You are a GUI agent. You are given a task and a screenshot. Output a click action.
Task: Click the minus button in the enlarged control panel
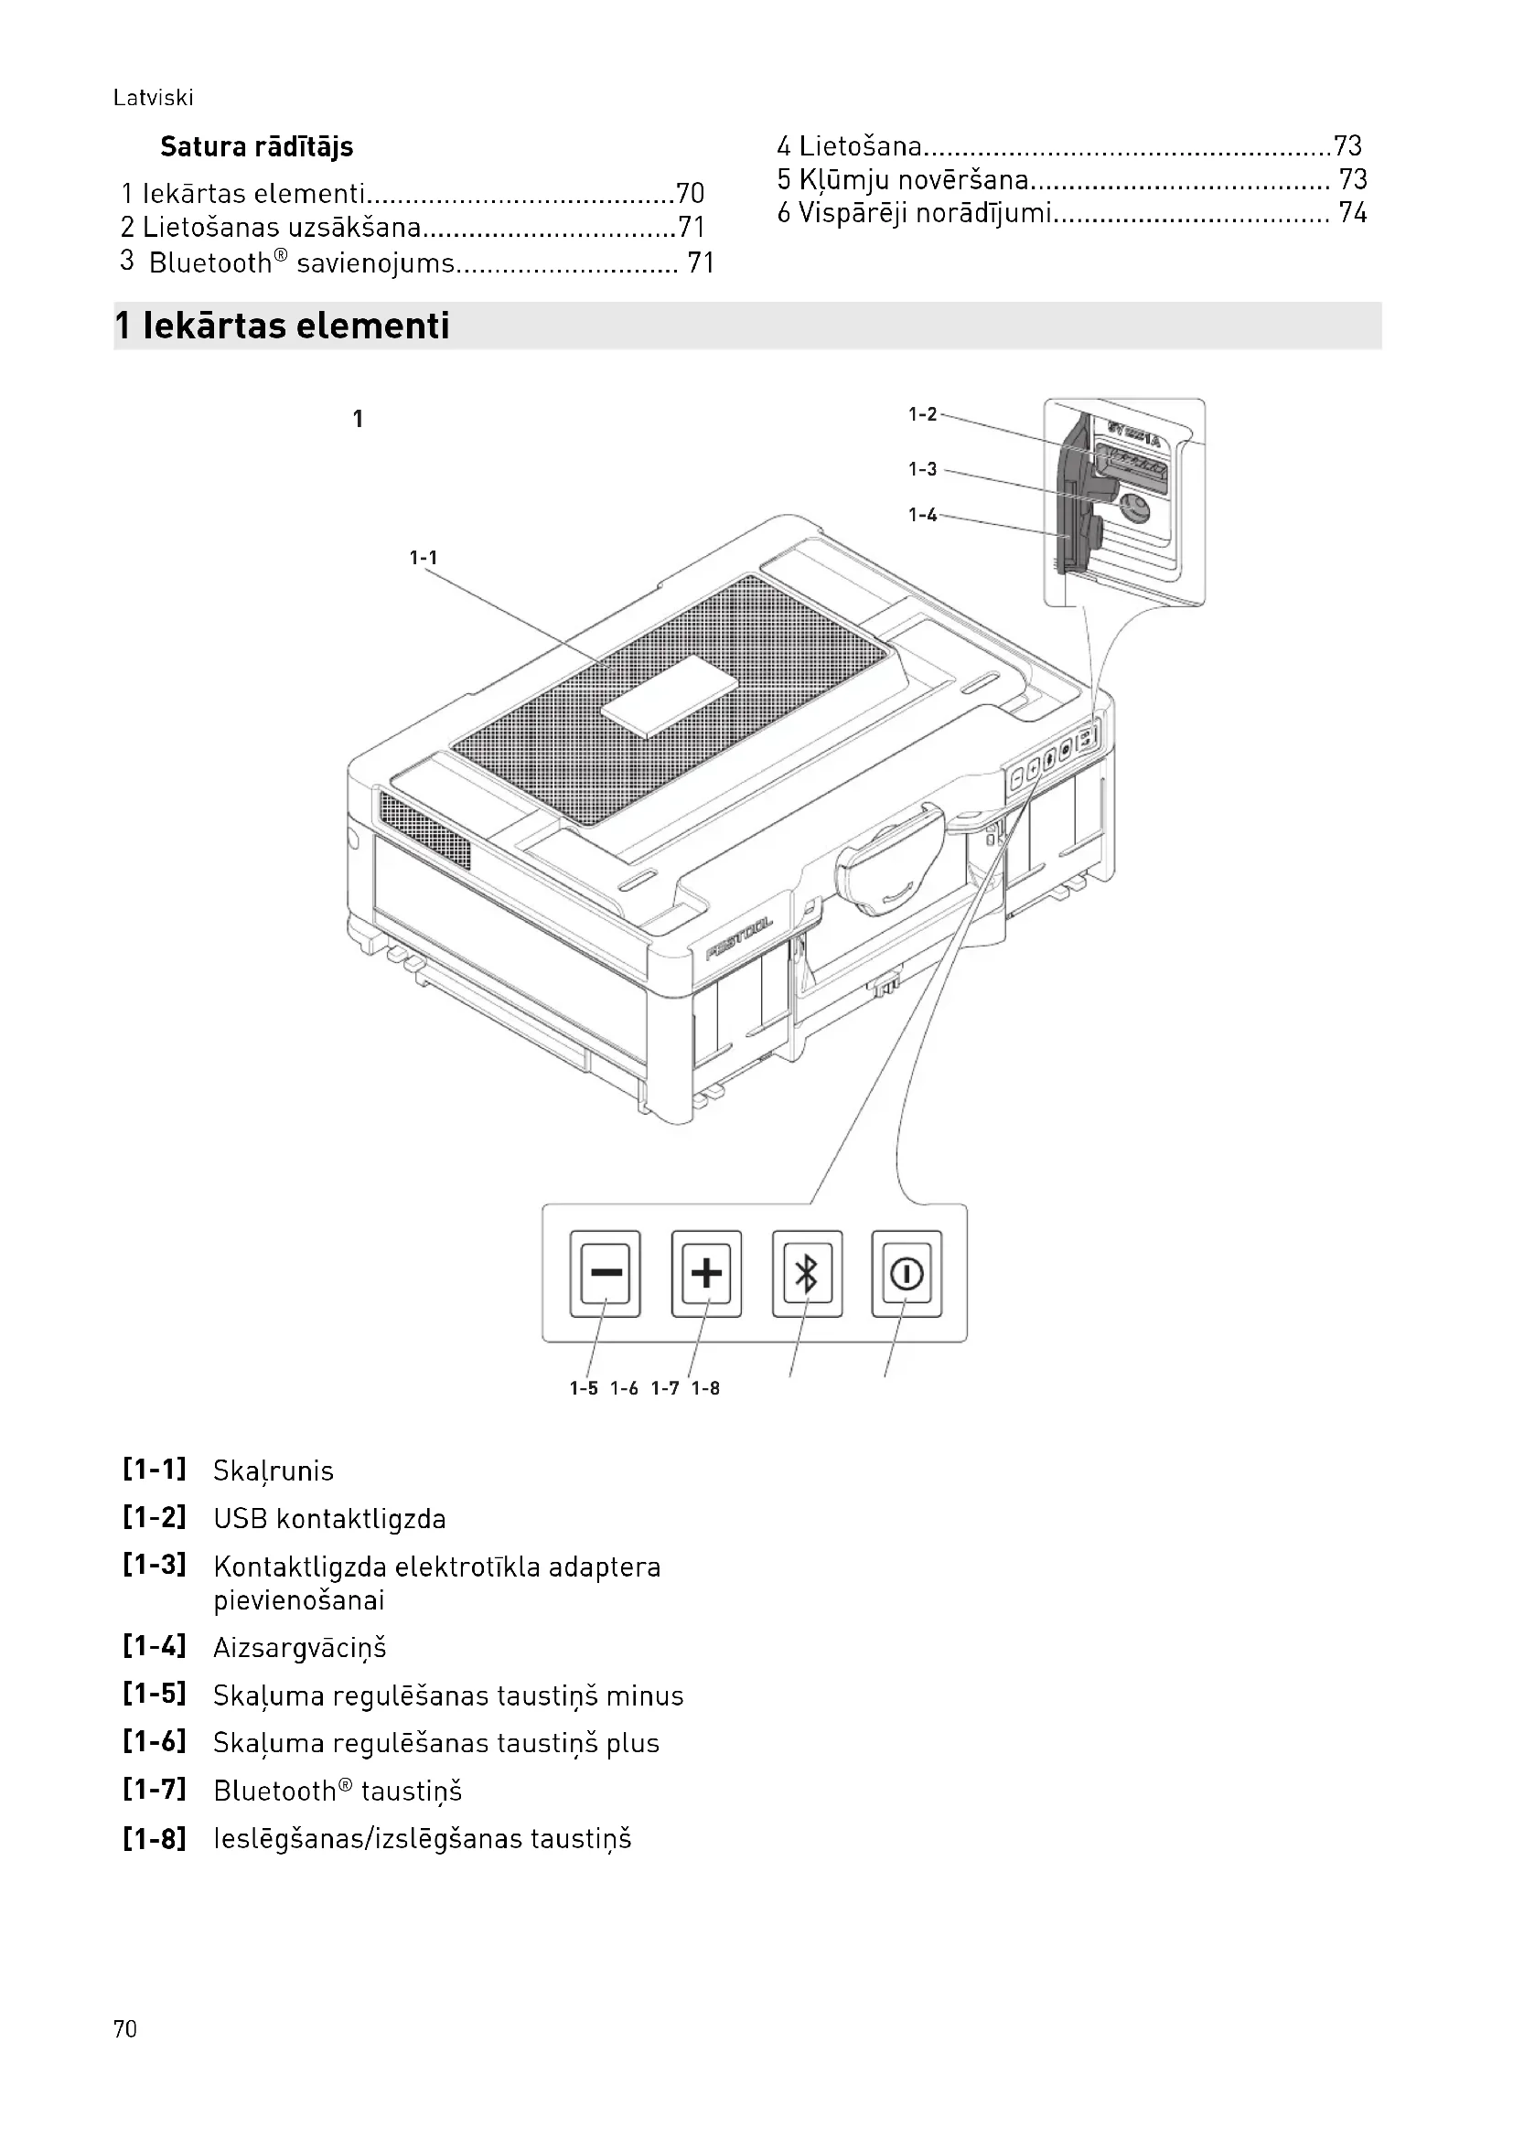[606, 1273]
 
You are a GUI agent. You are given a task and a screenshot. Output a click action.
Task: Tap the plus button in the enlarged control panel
[706, 1273]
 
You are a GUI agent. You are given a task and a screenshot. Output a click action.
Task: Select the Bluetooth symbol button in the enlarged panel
[807, 1273]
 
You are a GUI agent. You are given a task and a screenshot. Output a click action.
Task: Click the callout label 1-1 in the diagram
[423, 558]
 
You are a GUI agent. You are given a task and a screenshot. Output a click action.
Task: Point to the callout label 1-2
[922, 414]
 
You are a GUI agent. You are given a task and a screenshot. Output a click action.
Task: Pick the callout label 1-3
[922, 469]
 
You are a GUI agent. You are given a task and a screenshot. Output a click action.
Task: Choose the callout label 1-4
[922, 515]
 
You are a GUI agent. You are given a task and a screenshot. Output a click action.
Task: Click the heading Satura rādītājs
[256, 147]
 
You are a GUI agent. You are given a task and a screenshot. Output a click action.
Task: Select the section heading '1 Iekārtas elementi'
[282, 326]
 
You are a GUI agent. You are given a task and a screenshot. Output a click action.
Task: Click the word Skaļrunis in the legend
[273, 1471]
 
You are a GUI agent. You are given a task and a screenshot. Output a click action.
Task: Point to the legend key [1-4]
[155, 1646]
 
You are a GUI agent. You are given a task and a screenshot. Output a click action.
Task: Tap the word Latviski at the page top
[153, 98]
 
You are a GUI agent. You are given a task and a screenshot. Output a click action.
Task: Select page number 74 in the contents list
[1352, 213]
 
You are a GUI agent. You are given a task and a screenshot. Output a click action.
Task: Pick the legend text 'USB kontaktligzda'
[329, 1520]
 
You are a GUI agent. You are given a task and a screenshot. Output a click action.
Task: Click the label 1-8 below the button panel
[705, 1389]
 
